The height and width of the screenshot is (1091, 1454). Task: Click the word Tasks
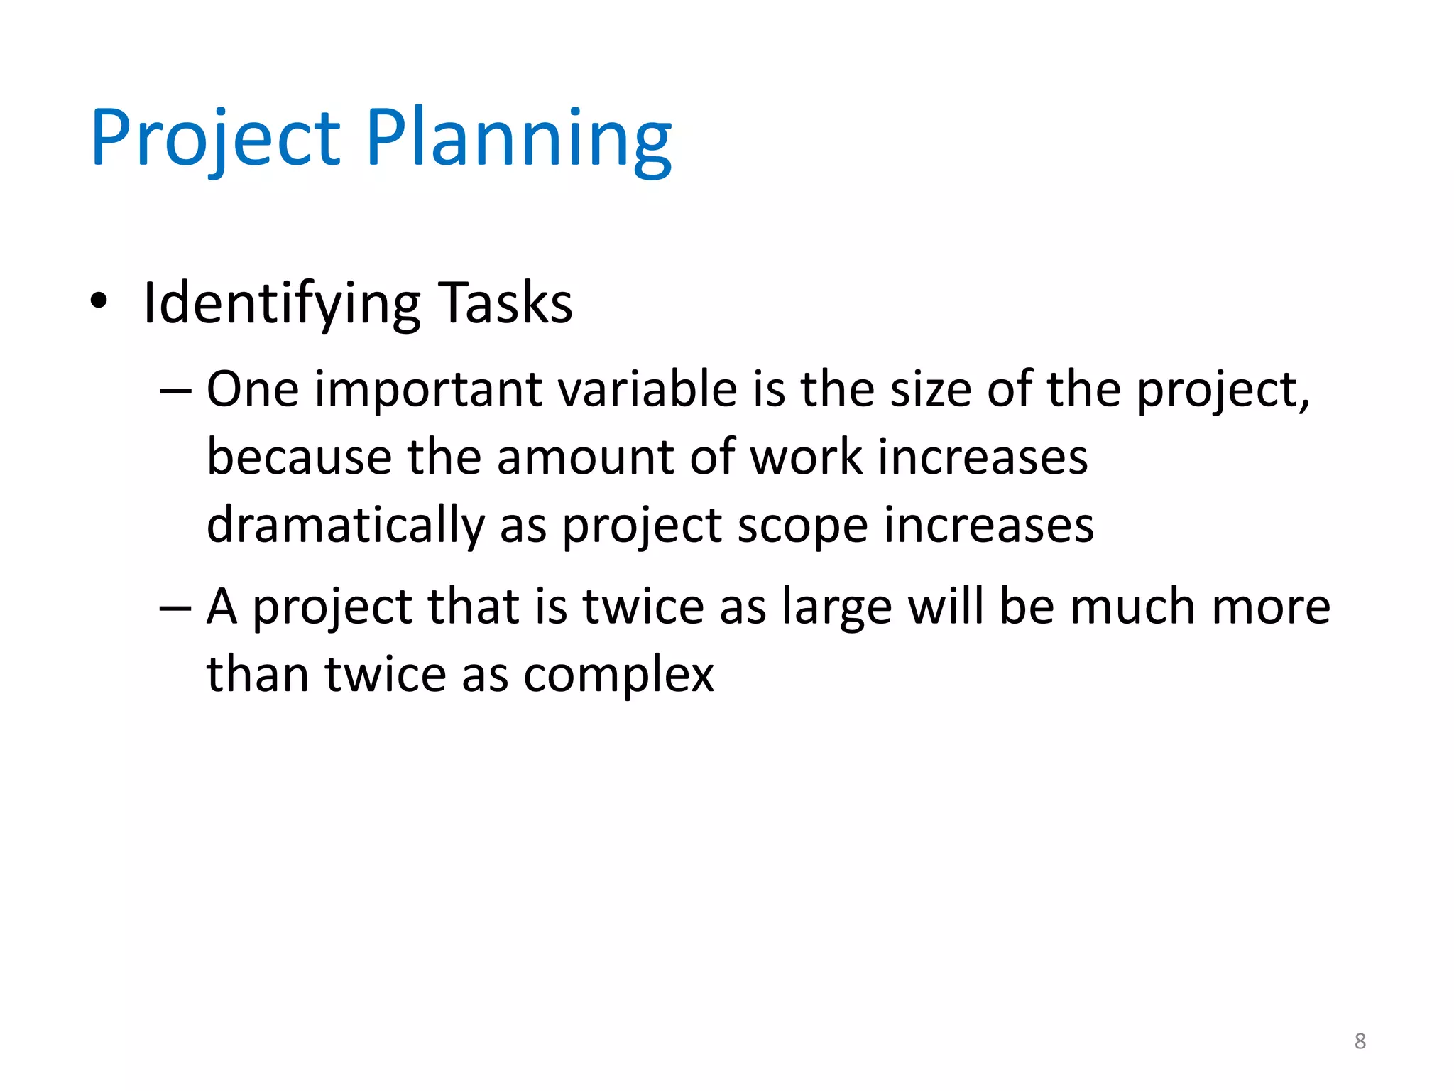[505, 304]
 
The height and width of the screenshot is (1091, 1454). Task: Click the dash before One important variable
[175, 391]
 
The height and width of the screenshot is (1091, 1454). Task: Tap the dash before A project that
[175, 608]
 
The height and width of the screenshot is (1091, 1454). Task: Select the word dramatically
[345, 526]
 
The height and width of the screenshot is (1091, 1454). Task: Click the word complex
[618, 675]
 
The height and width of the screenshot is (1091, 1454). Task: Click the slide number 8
[1360, 1041]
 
